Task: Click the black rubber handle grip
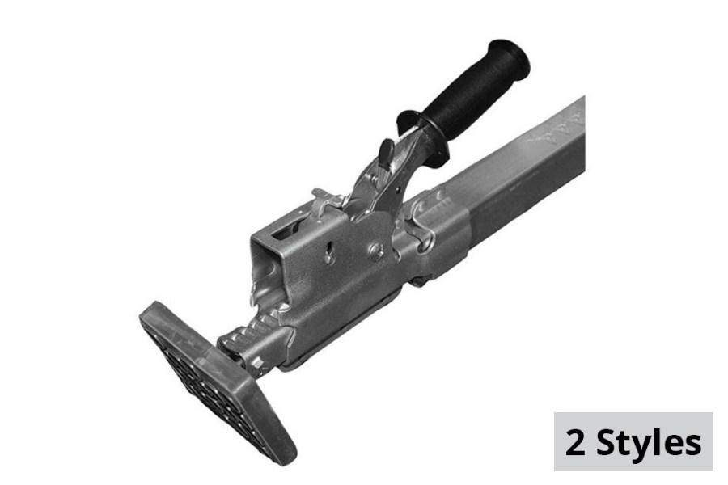pyautogui.click(x=469, y=95)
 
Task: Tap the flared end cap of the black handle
pyautogui.click(x=510, y=58)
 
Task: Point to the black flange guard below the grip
pyautogui.click(x=423, y=137)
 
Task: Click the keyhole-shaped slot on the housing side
pyautogui.click(x=329, y=252)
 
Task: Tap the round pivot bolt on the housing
pyautogui.click(x=376, y=251)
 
